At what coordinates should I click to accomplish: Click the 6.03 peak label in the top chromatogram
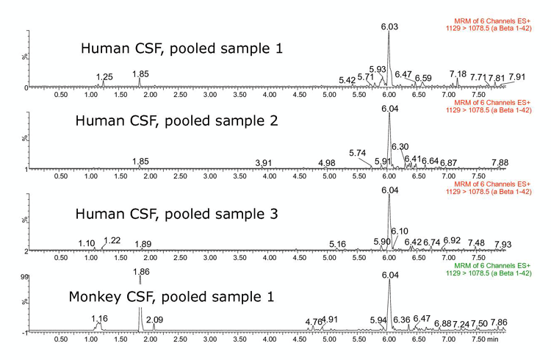(x=389, y=26)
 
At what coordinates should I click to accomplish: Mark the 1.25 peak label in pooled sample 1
(x=105, y=76)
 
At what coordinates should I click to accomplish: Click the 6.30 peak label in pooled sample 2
(x=400, y=147)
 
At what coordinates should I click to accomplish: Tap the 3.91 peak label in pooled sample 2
(x=264, y=162)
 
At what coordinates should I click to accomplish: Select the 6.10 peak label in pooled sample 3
(x=399, y=231)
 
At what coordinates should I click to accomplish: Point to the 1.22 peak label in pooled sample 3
(x=112, y=240)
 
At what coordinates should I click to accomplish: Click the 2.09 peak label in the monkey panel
(x=155, y=320)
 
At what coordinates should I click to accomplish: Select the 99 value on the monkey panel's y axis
(x=24, y=277)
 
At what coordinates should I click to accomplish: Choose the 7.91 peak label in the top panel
(x=517, y=76)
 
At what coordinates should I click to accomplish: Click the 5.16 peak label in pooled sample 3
(x=337, y=244)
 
